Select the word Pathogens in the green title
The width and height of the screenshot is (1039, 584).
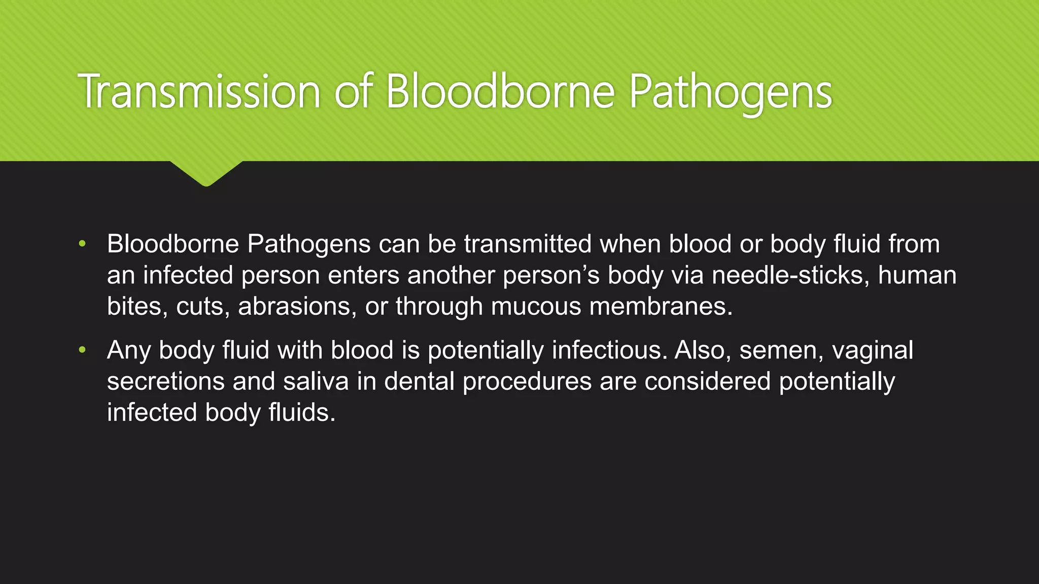730,93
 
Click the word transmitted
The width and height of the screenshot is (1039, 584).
528,244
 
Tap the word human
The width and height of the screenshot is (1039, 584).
917,275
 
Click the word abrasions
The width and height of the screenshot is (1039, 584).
297,306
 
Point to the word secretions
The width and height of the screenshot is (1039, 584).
165,381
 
